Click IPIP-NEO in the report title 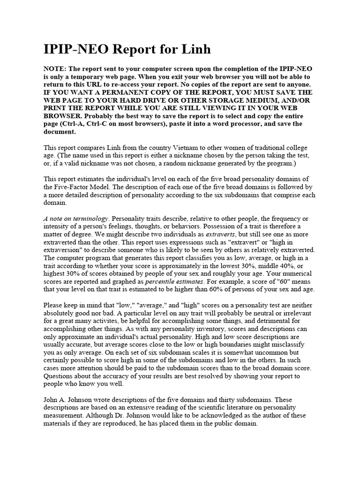point(75,49)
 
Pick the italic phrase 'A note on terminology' point(76,219)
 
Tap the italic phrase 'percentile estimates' point(174,282)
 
